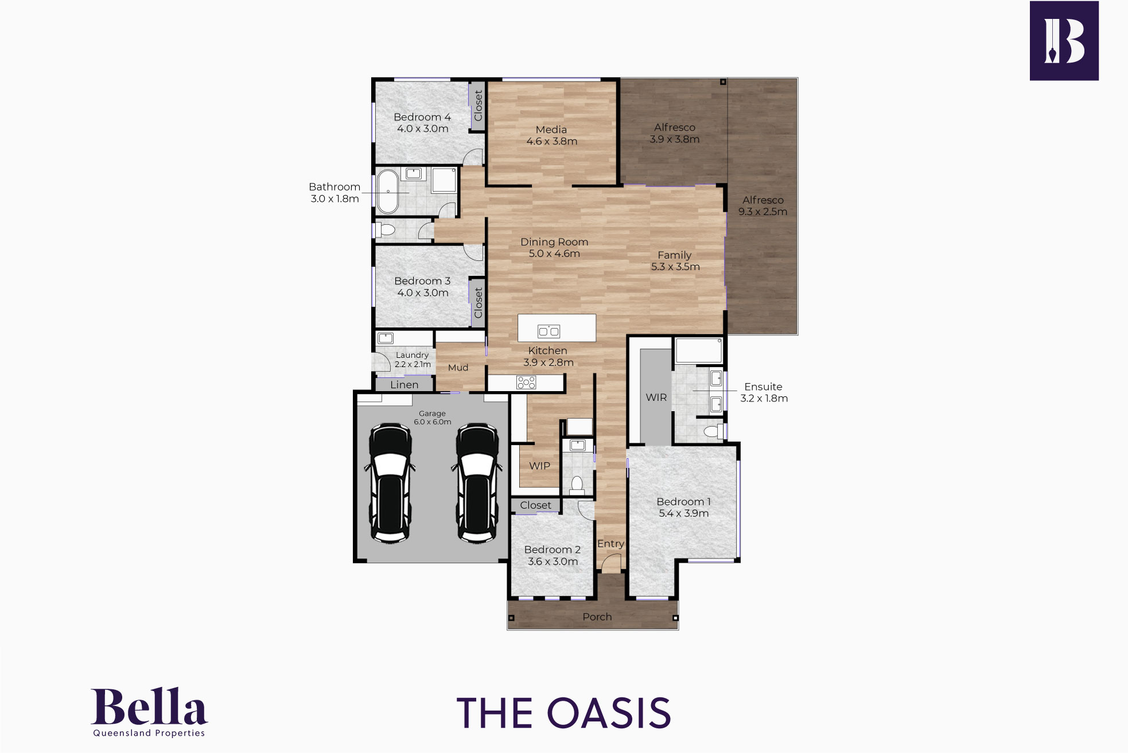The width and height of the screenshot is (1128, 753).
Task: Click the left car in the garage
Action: [390, 483]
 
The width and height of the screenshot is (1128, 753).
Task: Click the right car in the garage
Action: [476, 483]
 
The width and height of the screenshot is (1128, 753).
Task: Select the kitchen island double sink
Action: [549, 331]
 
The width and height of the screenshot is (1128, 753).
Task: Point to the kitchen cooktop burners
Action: [526, 382]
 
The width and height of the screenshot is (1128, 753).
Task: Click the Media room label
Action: [551, 130]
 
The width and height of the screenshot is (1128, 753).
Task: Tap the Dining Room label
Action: [554, 242]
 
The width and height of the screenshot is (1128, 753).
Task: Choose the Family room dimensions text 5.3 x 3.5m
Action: [675, 267]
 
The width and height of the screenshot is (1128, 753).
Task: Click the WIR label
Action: [656, 397]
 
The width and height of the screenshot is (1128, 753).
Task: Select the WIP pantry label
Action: [539, 466]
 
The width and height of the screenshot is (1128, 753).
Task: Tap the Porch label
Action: [597, 617]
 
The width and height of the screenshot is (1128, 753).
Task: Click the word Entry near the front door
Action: [610, 544]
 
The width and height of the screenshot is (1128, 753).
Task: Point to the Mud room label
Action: [458, 368]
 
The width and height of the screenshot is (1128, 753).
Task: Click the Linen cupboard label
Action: [404, 385]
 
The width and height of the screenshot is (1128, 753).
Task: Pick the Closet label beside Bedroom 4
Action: [478, 106]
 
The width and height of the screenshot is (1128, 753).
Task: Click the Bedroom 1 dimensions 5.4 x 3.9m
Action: [684, 513]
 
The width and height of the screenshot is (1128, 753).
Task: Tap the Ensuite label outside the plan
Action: [763, 387]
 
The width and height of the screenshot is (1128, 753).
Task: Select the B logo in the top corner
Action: [1064, 41]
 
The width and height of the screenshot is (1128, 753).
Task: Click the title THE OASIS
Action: [564, 713]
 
